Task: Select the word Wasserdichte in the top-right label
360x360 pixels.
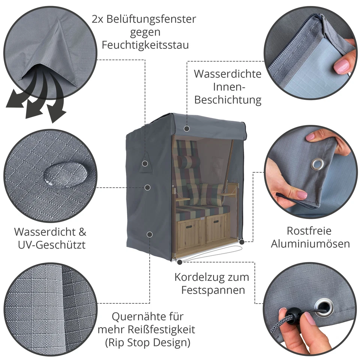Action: pyautogui.click(x=228, y=73)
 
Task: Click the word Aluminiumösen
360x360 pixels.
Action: pyautogui.click(x=310, y=244)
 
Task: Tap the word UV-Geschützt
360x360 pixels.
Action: pyautogui.click(x=52, y=245)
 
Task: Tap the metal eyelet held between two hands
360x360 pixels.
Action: pyautogui.click(x=317, y=163)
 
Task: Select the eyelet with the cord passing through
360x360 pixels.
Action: pyautogui.click(x=323, y=306)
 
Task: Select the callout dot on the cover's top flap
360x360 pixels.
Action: pyautogui.click(x=187, y=129)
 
